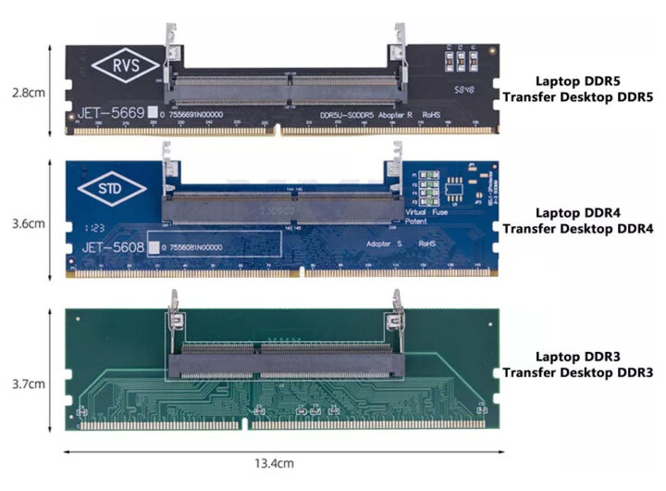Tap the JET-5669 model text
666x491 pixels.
click(110, 114)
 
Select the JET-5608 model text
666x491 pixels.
click(110, 248)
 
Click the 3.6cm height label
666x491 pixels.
click(25, 223)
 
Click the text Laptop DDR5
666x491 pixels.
click(572, 82)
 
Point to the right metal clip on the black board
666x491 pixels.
click(400, 46)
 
